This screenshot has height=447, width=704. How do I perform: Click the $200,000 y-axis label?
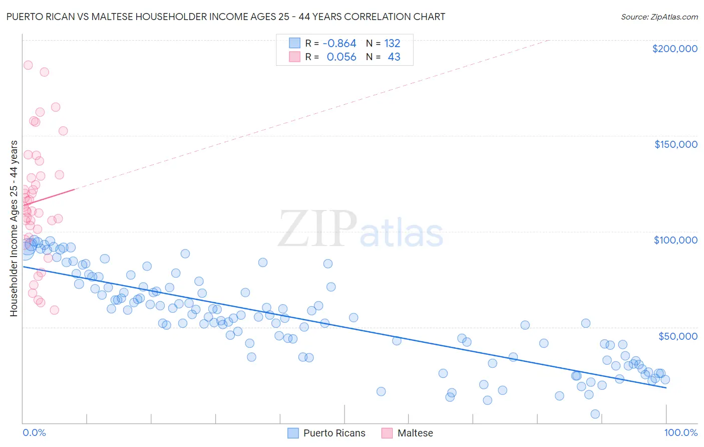point(674,49)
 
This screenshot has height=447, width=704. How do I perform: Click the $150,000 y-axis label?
point(675,144)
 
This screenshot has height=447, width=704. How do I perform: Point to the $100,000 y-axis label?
point(675,240)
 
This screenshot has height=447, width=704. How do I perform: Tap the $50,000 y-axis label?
point(677,336)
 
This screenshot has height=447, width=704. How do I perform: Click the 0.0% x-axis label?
point(34,432)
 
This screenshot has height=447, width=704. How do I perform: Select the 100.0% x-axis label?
point(680,432)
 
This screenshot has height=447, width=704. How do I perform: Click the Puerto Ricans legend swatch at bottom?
point(293,433)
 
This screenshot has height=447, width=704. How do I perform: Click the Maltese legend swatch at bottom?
point(387,433)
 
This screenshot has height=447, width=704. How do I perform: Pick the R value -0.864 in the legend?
point(339,44)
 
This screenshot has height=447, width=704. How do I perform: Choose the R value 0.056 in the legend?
point(341,57)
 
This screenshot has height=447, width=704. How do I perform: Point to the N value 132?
point(392,44)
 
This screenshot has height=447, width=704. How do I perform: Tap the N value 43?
point(394,57)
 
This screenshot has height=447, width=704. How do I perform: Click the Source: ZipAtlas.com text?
point(659,17)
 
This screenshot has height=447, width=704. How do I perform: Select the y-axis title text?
point(14,228)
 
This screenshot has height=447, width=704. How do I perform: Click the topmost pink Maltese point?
point(28,65)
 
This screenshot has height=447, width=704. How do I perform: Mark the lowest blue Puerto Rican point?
point(595,414)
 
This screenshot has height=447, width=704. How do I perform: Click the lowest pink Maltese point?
point(55,310)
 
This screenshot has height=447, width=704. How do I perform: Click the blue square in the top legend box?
point(294,44)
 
